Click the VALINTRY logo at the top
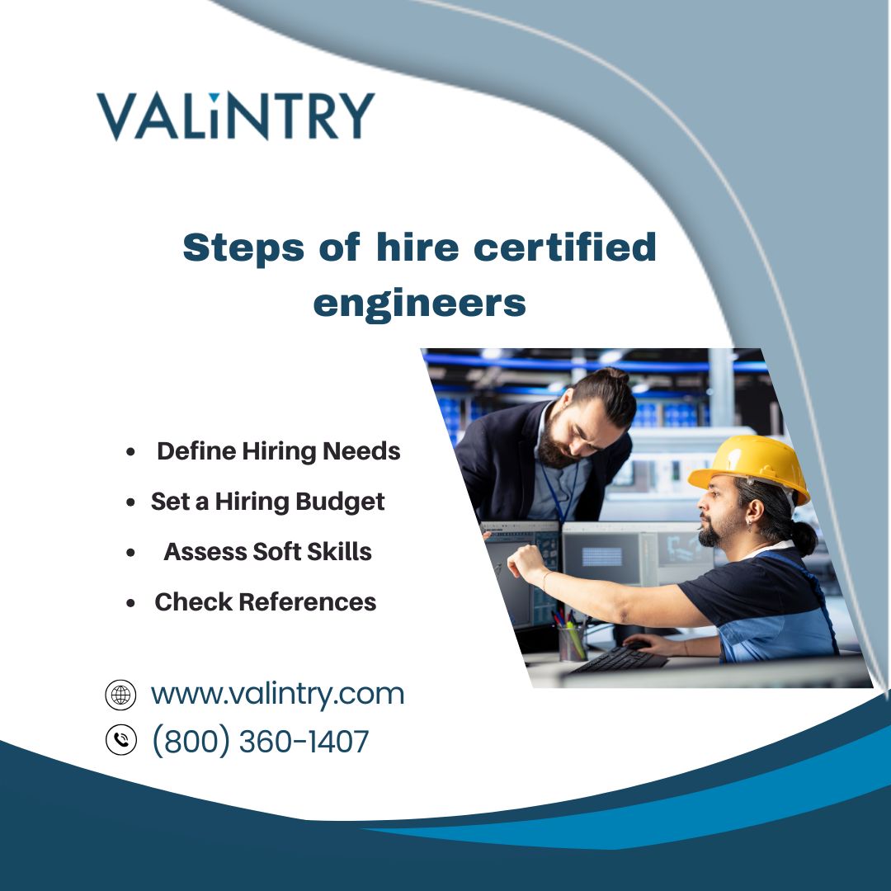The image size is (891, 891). (235, 116)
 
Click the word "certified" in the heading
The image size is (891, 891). (565, 247)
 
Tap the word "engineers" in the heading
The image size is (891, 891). (419, 304)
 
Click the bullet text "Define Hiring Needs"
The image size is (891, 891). (279, 451)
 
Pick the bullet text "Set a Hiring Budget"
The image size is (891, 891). (267, 502)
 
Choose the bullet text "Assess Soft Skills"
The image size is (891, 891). (267, 552)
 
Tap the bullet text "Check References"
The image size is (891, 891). (266, 601)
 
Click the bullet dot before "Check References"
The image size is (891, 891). (130, 603)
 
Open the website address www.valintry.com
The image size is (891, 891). (277, 695)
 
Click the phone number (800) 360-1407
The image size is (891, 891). (261, 741)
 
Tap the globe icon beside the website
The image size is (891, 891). (120, 695)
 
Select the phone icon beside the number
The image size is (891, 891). (121, 740)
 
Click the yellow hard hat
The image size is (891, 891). (750, 469)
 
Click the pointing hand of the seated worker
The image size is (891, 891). (526, 562)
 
